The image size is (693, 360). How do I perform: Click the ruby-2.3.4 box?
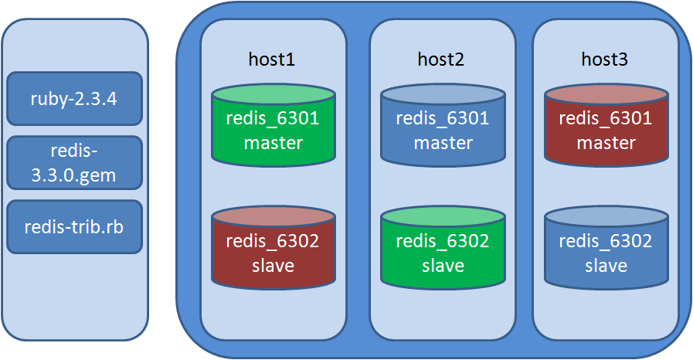(x=74, y=98)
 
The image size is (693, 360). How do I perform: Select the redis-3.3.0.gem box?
(x=74, y=163)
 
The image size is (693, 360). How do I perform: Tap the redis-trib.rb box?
(x=74, y=227)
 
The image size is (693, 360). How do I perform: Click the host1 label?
(x=272, y=59)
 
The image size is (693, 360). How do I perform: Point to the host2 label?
(x=441, y=59)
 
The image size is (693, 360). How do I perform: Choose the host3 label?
(x=604, y=59)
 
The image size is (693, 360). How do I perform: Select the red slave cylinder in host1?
(x=273, y=252)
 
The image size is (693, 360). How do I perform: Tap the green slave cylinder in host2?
(x=442, y=252)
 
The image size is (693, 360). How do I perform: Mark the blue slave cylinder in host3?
(x=605, y=252)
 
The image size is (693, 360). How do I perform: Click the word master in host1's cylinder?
(x=273, y=143)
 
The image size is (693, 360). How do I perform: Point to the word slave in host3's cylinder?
(x=605, y=266)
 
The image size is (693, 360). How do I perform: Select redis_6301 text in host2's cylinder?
(x=442, y=119)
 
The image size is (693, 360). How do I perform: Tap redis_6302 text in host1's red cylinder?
(x=273, y=241)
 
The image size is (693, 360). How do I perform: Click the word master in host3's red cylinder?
(x=605, y=143)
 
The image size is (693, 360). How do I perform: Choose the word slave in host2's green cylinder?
(x=442, y=266)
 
